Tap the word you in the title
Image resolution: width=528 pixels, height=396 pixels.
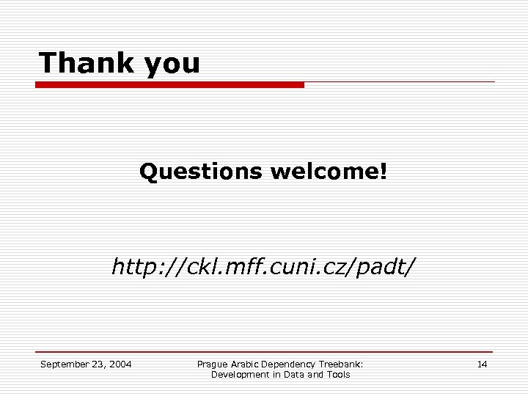[x=172, y=65]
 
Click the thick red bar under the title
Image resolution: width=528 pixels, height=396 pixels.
[x=169, y=85]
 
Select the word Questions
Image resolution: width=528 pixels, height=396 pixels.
[x=200, y=172]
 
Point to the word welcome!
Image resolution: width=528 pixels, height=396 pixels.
[x=328, y=172]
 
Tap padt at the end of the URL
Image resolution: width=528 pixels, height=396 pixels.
[x=387, y=267]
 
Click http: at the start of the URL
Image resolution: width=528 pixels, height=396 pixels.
[x=136, y=267]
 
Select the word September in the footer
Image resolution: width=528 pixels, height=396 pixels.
[x=64, y=364]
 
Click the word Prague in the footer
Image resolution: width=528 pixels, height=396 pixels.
[x=213, y=364]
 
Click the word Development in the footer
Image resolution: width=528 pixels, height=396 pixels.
[x=241, y=375]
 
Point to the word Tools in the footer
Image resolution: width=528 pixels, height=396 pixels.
[x=338, y=375]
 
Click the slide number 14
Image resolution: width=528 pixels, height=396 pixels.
[x=482, y=364]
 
